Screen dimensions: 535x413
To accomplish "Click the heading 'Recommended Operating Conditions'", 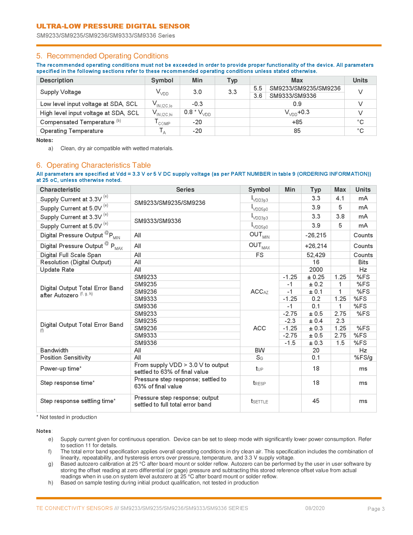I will pos(107,56).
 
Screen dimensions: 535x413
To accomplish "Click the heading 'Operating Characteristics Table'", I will pos(98,165).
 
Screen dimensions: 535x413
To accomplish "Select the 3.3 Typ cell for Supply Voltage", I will pos(232,92).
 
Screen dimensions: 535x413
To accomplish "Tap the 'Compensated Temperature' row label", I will pos(77,122).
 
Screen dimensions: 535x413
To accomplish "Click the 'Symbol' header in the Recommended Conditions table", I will pos(162,80).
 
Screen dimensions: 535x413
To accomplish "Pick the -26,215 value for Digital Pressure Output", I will pos(315,235).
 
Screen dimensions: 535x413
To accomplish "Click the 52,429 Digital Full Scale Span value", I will pos(316,255).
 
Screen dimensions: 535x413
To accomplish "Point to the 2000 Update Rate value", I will pos(316,270).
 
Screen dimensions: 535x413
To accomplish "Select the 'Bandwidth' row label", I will pos(54,351).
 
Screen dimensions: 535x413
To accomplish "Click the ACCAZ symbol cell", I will pos(259,292).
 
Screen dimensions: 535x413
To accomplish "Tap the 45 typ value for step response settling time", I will pos(316,401).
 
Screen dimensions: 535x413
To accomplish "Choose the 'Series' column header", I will pos(185,190).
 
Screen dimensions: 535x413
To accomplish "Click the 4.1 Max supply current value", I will pos(340,198).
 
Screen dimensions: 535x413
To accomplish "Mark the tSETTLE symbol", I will pos(259,401).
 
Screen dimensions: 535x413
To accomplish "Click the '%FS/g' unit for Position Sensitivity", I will pos(363,358).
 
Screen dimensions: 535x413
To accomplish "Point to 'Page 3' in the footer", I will pos(376,509).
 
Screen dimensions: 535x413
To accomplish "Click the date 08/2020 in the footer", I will pos(315,508).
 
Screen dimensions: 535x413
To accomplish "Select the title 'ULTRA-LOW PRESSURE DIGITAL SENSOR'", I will pos(113,26).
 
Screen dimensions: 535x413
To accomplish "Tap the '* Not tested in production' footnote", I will pos(66,417).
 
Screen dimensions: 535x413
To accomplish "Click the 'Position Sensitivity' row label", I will pos(65,358).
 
